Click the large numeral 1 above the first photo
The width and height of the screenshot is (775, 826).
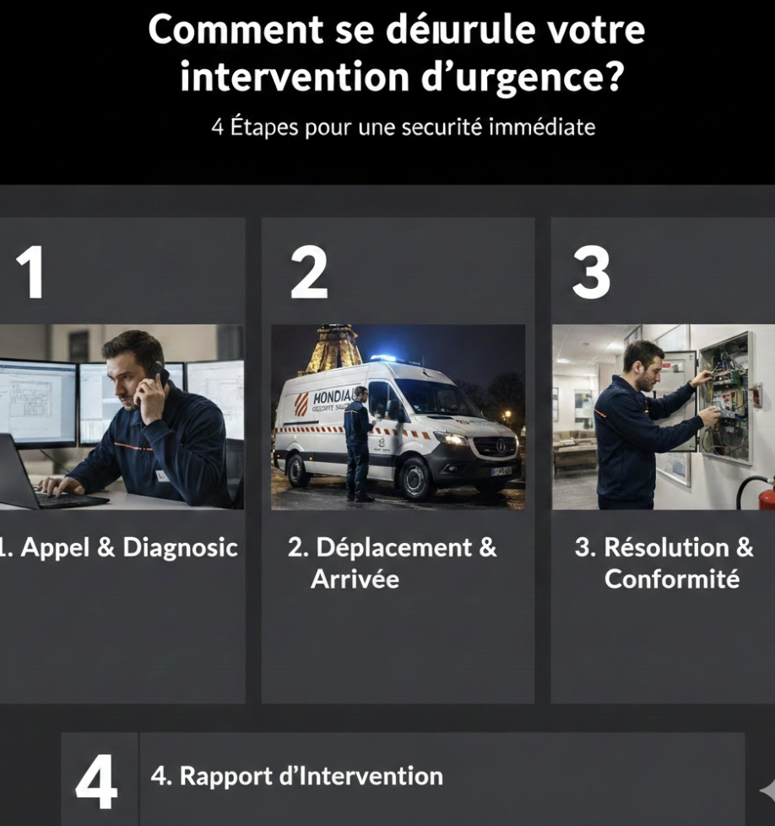pyautogui.click(x=31, y=273)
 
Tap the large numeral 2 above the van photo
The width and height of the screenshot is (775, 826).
pyautogui.click(x=309, y=273)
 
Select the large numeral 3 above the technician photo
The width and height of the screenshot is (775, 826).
pyautogui.click(x=591, y=273)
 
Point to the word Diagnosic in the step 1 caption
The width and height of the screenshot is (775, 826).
pyautogui.click(x=181, y=547)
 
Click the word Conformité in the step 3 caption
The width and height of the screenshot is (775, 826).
pyautogui.click(x=672, y=579)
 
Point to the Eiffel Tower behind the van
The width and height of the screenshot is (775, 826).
pyautogui.click(x=333, y=348)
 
